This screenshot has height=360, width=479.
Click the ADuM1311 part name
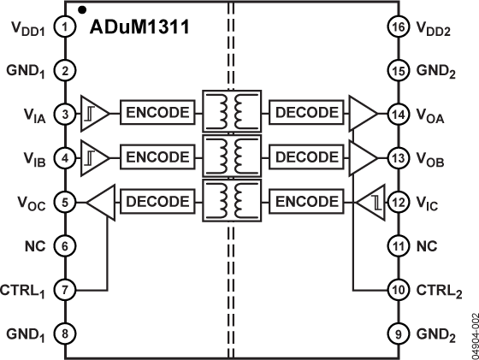point(140,27)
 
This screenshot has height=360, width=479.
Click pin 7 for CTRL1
point(64,289)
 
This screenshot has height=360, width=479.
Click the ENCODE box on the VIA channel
point(156,113)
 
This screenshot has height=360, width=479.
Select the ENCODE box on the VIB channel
point(156,157)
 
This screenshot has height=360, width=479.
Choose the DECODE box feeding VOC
point(156,202)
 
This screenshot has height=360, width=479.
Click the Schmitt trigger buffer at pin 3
point(93,113)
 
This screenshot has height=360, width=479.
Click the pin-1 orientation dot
point(80,9)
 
